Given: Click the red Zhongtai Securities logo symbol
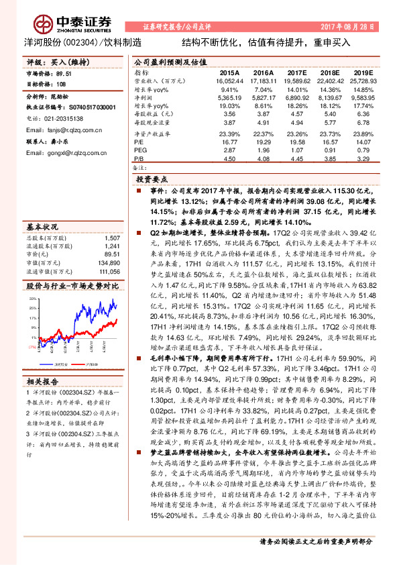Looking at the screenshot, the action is click(x=44, y=23).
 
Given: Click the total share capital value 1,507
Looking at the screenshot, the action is click(x=113, y=238).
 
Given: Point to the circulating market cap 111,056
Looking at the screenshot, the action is click(x=109, y=272).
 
